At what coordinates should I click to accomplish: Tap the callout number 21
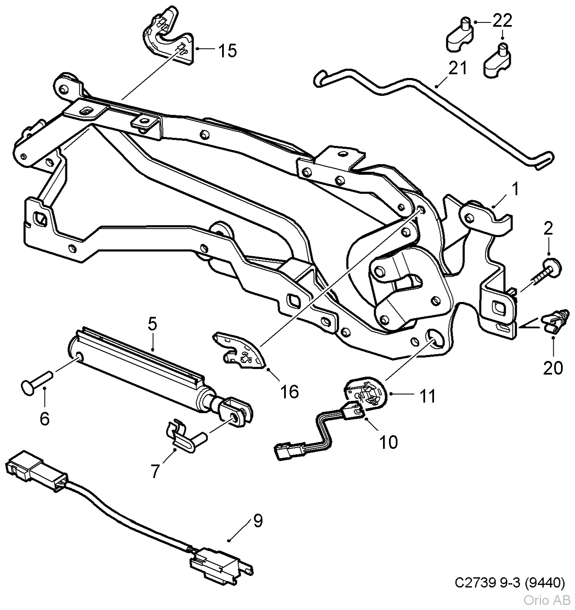click(x=458, y=68)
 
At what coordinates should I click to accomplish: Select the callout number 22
click(x=502, y=21)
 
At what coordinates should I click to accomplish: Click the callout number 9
click(x=258, y=521)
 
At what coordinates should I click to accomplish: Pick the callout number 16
click(x=290, y=392)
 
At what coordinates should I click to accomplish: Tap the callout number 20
click(x=553, y=367)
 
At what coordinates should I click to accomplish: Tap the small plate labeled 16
click(x=239, y=350)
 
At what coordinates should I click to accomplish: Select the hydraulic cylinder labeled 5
click(x=140, y=365)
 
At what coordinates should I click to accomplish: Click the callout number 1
click(x=515, y=189)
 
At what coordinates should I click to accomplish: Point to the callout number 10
click(x=388, y=442)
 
